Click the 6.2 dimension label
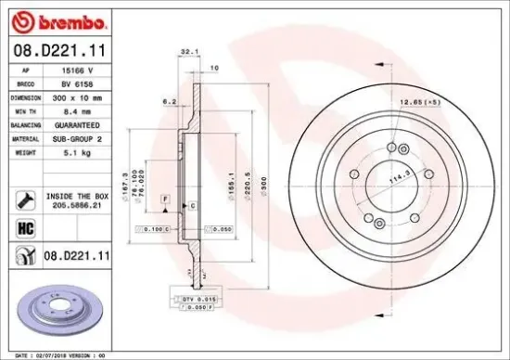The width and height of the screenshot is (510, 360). (169, 100)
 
